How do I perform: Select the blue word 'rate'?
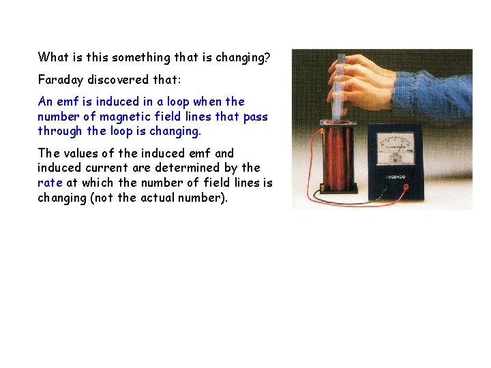[50, 183]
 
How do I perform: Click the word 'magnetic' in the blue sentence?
[117, 117]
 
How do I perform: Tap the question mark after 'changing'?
[267, 57]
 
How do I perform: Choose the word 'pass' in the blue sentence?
[255, 117]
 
